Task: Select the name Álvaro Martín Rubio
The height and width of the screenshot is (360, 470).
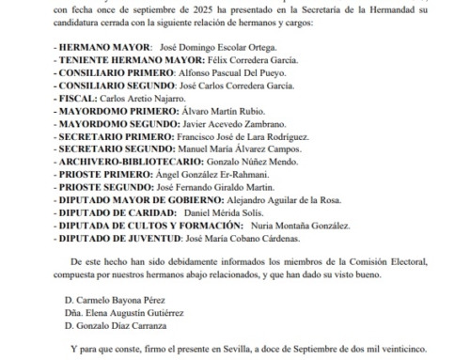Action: coord(226,110)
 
